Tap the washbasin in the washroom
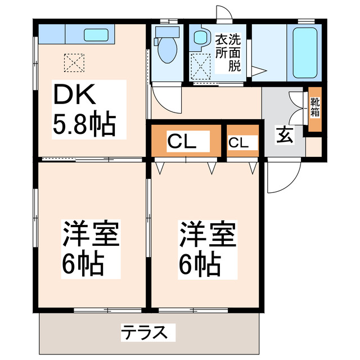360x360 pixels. pyautogui.click(x=201, y=38)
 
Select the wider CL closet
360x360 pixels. pyautogui.click(x=182, y=141)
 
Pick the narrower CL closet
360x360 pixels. pyautogui.click(x=238, y=142)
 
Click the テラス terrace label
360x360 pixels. pyautogui.click(x=145, y=332)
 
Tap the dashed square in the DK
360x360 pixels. pyautogui.click(x=74, y=62)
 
